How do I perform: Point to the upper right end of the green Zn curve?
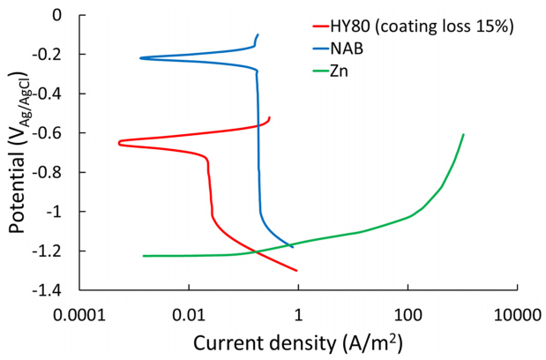coord(463,135)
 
